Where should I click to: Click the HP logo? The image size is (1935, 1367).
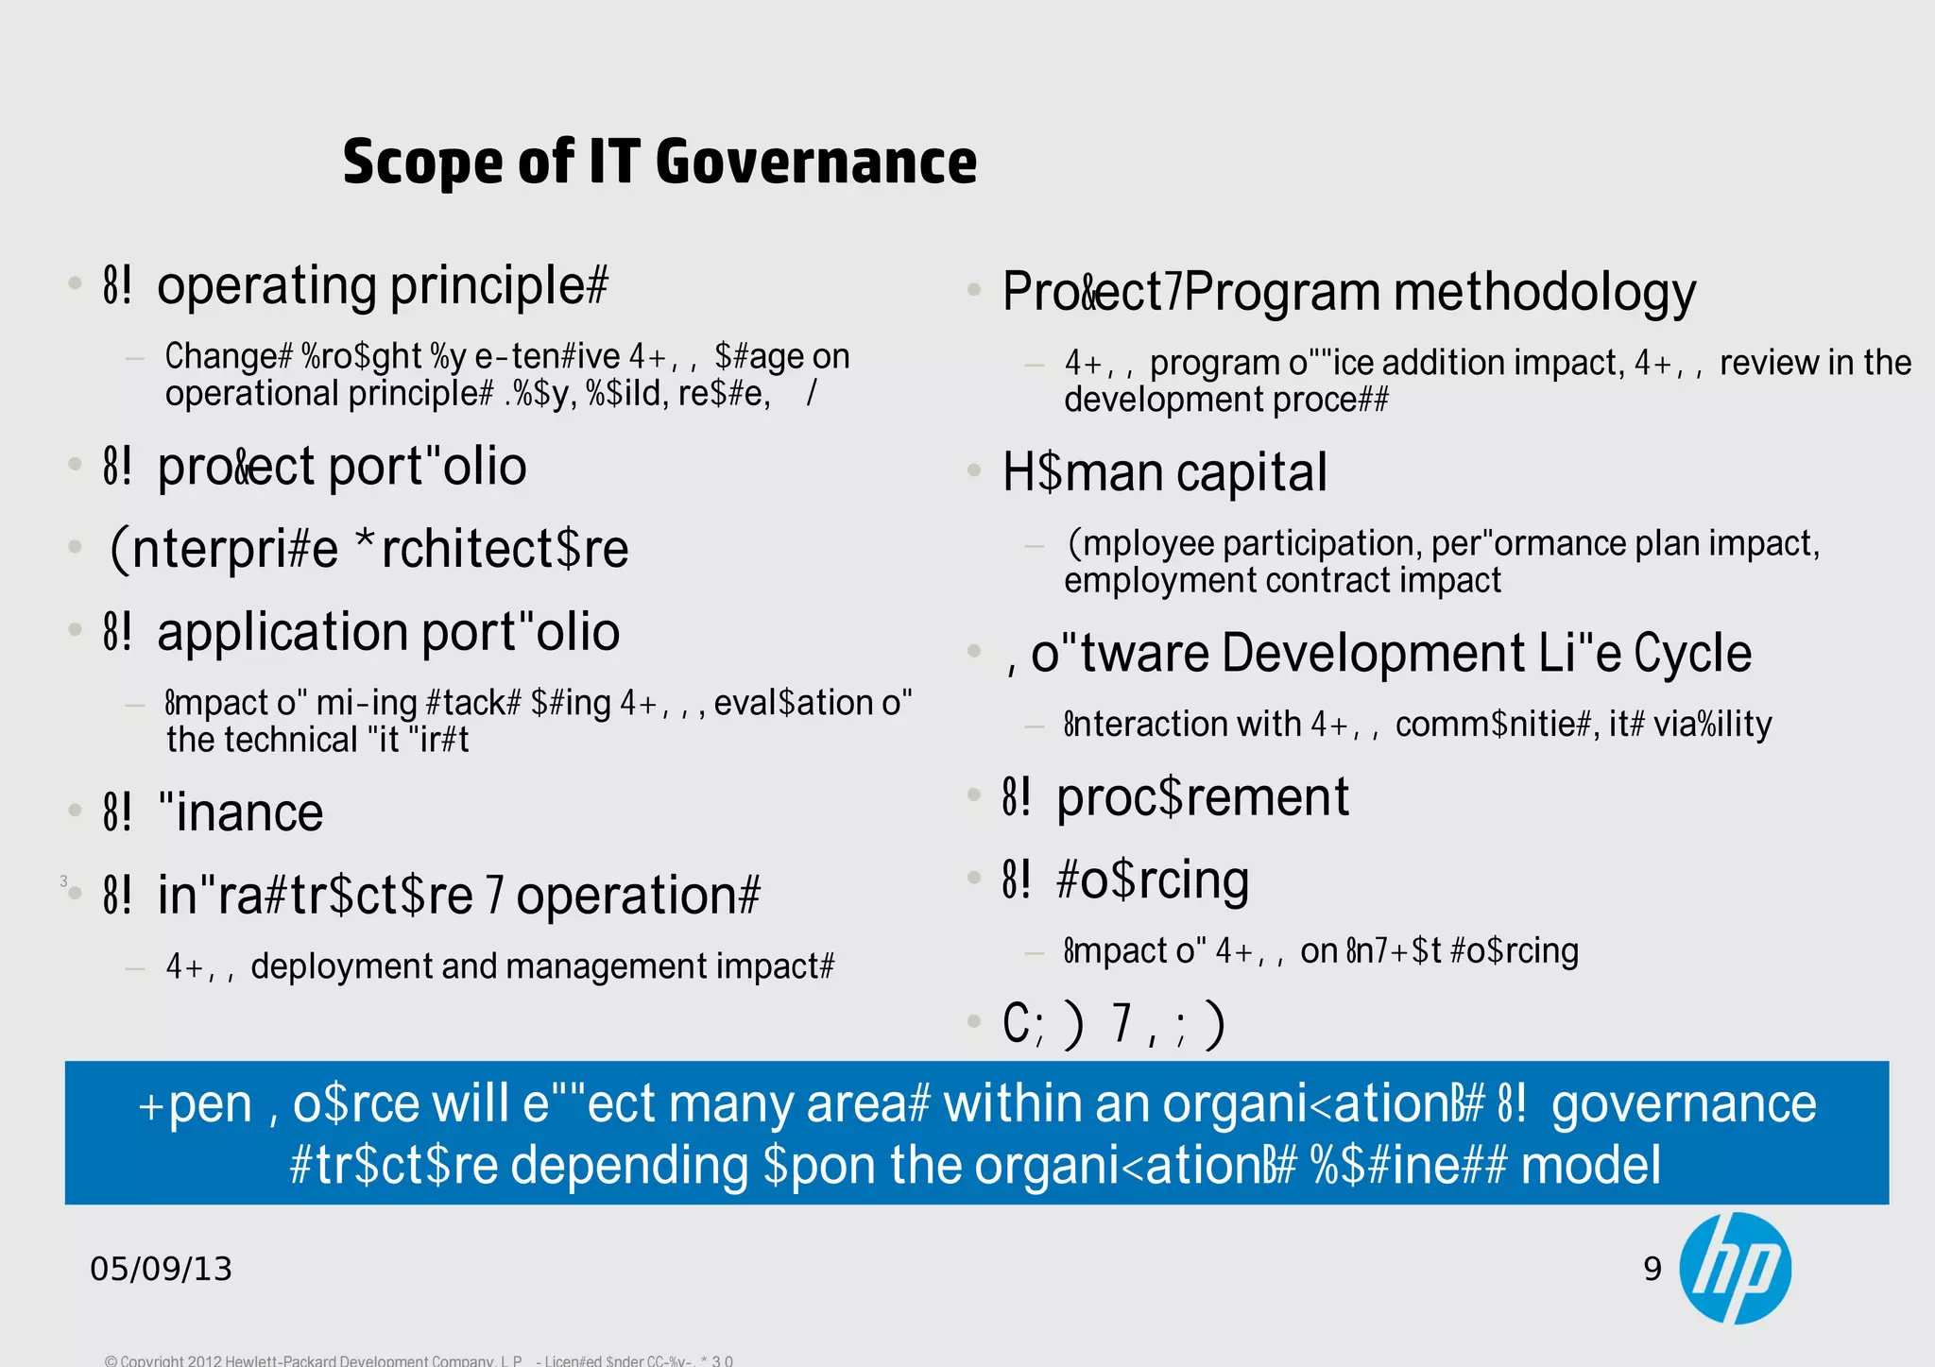[1735, 1268]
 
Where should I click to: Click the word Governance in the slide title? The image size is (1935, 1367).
[815, 162]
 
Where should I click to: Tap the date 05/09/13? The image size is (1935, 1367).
[161, 1269]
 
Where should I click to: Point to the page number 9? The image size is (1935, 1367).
[1652, 1269]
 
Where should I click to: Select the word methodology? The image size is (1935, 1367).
[1545, 292]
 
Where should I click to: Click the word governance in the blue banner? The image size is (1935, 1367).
[1684, 1103]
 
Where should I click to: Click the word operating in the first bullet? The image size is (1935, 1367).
[267, 286]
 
